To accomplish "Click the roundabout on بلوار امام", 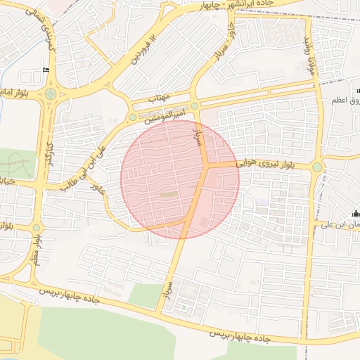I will [x=50, y=94].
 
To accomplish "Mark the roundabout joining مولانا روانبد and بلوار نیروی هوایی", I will [x=317, y=167].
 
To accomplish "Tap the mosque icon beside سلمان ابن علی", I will [x=354, y=214].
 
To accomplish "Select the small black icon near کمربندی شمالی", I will [x=46, y=69].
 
